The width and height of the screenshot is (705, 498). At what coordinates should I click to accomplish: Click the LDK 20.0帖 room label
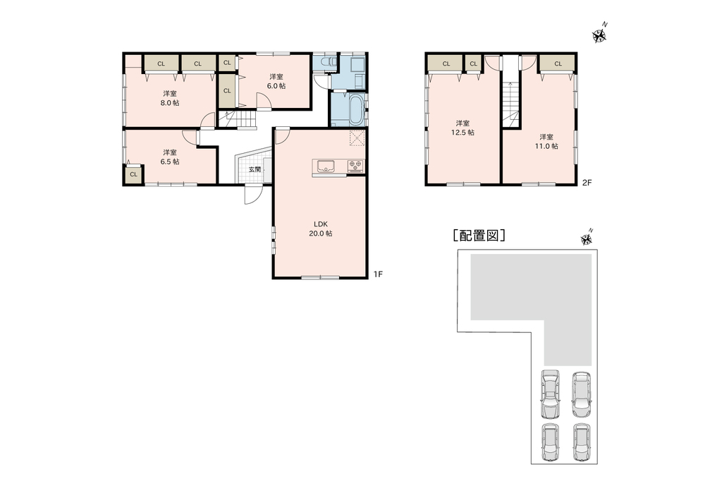point(321,229)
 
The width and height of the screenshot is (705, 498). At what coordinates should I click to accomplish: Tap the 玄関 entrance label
point(255,169)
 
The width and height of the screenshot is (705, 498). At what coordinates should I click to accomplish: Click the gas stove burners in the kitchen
point(355,166)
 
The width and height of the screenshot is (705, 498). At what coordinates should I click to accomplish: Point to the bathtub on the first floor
point(355,111)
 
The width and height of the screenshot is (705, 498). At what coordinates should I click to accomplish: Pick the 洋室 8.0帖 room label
point(170,98)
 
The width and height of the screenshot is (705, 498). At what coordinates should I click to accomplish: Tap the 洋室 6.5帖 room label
point(170,157)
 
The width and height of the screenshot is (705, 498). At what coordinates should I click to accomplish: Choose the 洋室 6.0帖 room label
point(276,81)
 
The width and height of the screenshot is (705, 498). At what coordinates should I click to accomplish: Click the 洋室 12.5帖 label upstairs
point(462,128)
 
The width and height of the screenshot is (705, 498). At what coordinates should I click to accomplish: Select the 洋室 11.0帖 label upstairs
point(547,141)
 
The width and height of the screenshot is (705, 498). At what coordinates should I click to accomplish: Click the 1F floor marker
point(378,274)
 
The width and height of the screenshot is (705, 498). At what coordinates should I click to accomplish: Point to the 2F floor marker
point(587,183)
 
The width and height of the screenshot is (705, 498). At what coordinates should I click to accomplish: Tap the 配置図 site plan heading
point(479,236)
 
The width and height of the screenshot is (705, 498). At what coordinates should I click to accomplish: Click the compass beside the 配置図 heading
point(587,238)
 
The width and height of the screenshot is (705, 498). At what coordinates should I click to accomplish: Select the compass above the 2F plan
point(600,34)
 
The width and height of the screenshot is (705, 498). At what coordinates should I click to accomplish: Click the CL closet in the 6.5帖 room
point(133,174)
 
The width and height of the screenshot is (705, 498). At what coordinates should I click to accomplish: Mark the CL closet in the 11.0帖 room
point(558,63)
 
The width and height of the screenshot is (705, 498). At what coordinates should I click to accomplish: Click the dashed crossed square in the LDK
point(357,138)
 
